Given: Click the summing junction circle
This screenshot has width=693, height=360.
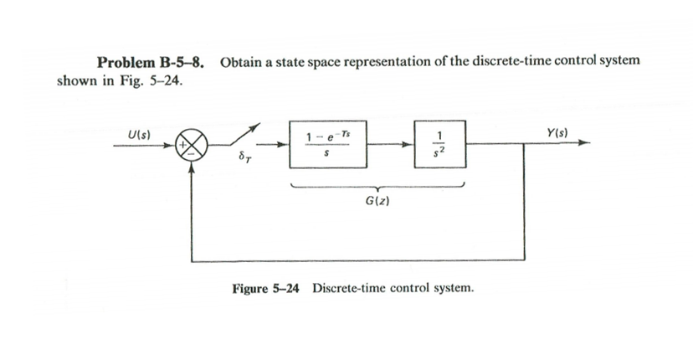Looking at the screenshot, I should coord(193,144).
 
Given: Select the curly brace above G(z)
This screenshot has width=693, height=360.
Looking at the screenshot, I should coord(375,187).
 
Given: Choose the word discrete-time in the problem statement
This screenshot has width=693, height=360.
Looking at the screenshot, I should coord(476,61).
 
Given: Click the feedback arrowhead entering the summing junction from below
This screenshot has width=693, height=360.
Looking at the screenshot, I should coord(193,165).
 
